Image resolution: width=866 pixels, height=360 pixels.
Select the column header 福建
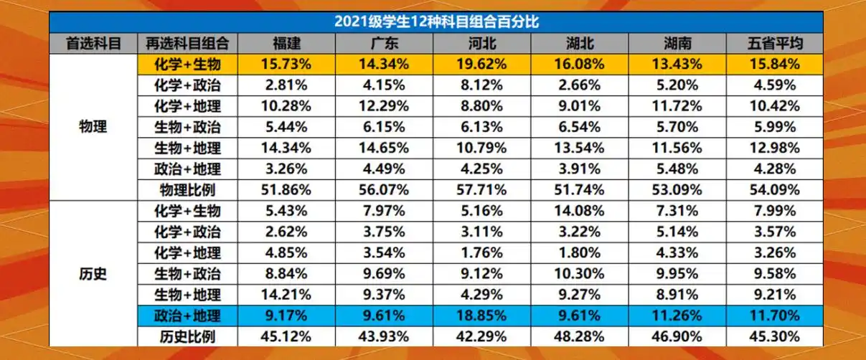(x=290, y=43)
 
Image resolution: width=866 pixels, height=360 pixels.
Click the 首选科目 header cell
(x=93, y=43)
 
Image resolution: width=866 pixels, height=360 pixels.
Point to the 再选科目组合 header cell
(x=187, y=43)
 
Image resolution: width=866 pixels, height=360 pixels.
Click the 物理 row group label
(x=93, y=127)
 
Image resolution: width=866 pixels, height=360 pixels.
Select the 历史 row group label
(x=93, y=273)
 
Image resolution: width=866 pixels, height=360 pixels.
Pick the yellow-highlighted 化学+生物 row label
(x=187, y=64)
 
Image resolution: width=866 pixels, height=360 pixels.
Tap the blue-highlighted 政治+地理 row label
(x=187, y=316)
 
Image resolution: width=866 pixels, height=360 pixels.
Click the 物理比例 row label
(x=187, y=190)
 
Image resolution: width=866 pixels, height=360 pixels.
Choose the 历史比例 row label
(x=187, y=336)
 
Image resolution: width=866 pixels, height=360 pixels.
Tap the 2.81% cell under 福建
(x=290, y=85)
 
